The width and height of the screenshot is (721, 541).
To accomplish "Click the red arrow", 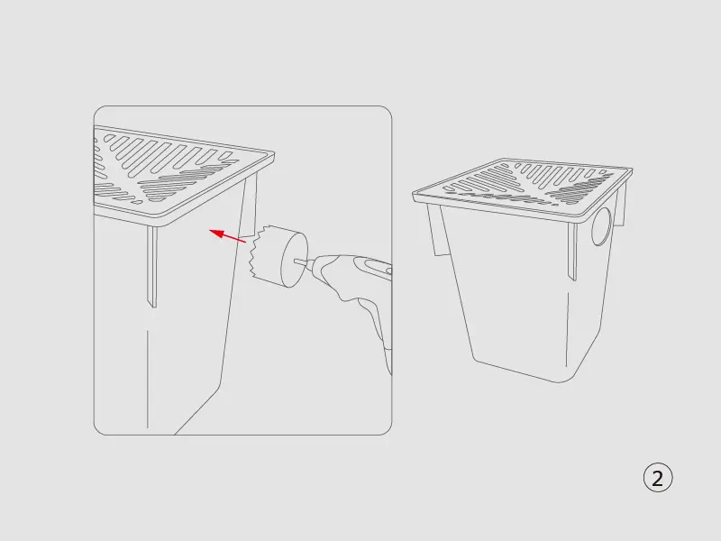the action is (228, 235).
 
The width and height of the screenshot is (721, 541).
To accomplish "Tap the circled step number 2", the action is (658, 478).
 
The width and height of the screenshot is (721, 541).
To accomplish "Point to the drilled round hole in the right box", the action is (601, 226).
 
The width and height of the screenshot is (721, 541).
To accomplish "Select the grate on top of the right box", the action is (523, 189).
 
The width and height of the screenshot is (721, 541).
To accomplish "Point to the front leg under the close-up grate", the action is (152, 266).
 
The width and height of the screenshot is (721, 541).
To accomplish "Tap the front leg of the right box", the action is (572, 252).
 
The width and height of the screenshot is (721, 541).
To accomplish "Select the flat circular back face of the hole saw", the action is (295, 260).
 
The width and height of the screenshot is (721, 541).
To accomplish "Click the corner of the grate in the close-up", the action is (273, 153).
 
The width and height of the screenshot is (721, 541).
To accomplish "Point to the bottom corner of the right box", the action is (560, 381).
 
